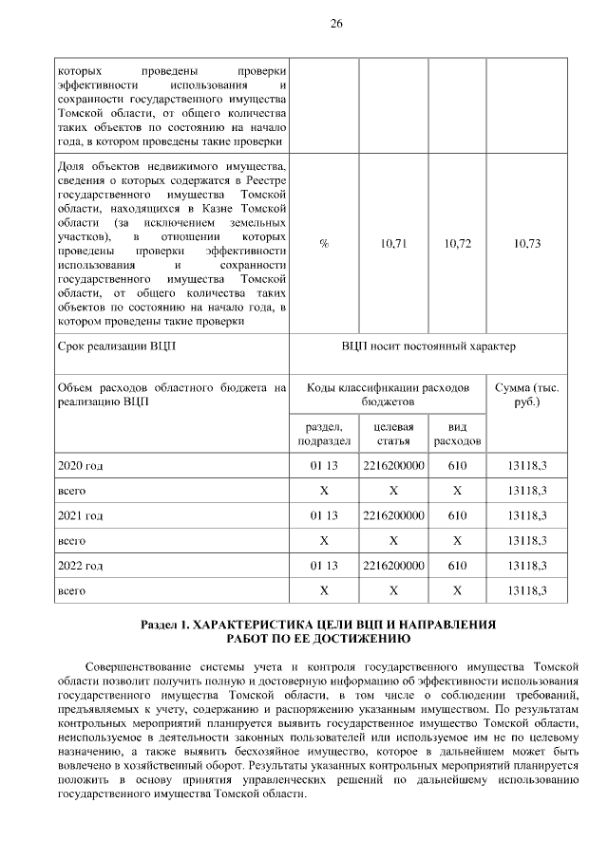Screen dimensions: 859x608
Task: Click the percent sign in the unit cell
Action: [x=324, y=244]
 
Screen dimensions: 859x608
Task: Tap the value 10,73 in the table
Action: [x=526, y=244]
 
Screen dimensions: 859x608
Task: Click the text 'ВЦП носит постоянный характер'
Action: [x=428, y=346]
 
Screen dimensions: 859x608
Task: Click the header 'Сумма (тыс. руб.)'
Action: [x=526, y=395]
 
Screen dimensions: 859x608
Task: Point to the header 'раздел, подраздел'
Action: [x=324, y=435]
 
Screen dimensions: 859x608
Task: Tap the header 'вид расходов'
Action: [x=457, y=435]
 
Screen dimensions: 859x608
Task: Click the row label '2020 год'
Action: [x=80, y=466]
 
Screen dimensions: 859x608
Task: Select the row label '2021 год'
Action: [x=80, y=515]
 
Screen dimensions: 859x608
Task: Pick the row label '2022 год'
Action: [x=80, y=566]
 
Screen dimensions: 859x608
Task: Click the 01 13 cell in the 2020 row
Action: [x=324, y=466]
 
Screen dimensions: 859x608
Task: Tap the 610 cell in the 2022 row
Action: [x=457, y=566]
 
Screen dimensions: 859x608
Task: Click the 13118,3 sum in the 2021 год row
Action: [x=526, y=515]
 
